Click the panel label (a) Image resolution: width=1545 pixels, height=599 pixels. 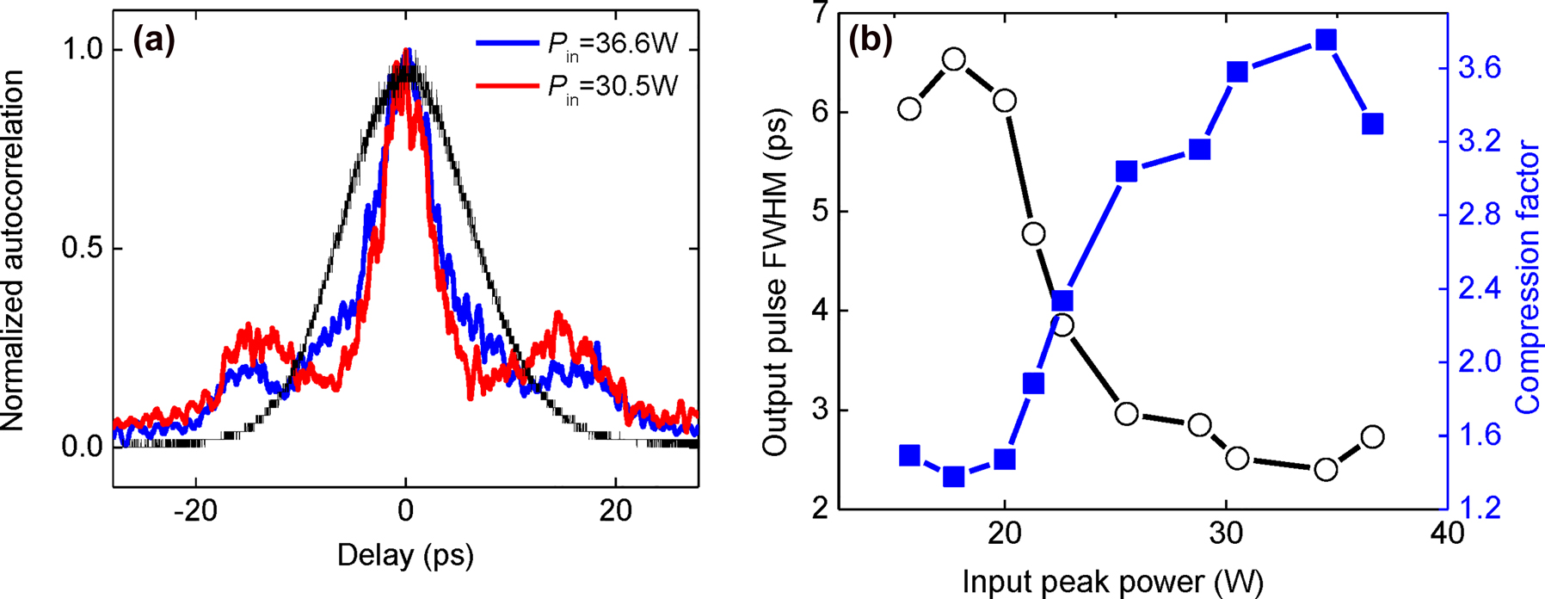point(153,40)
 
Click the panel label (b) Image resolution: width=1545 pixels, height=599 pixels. point(871,40)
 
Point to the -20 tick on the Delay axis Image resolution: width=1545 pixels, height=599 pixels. point(195,511)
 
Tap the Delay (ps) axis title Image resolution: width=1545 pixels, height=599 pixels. point(405,555)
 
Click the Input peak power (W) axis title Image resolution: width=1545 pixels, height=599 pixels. point(1112,582)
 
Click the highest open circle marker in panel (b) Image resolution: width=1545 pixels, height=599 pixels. point(953,59)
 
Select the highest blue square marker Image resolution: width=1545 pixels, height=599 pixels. point(1326,40)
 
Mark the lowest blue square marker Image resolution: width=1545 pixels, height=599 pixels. point(953,476)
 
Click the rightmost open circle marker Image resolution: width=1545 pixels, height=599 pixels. point(1372,436)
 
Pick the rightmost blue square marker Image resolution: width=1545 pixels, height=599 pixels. point(1372,124)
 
